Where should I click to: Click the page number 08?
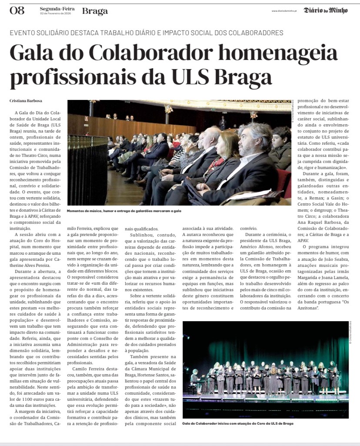[x=17, y=10]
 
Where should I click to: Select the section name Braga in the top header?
[x=95, y=11]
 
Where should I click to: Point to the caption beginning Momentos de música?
[x=124, y=211]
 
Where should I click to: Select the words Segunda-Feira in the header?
[x=57, y=8]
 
